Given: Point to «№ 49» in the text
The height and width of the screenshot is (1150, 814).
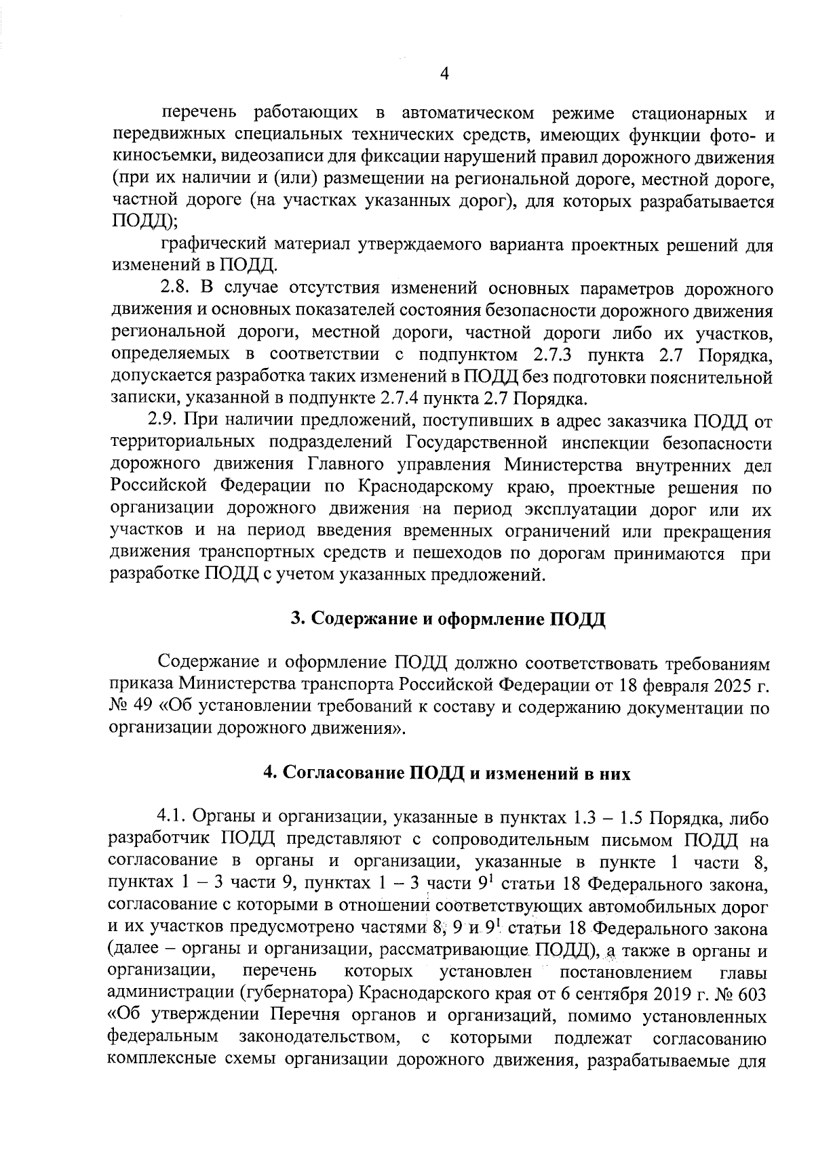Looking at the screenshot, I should [132, 707].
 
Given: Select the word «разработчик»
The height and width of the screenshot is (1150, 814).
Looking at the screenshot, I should [159, 840].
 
